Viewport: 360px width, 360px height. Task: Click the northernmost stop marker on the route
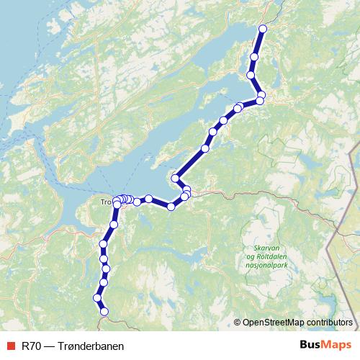coord(263,29)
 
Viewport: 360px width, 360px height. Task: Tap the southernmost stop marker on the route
coord(104,312)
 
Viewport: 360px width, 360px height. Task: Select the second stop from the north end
coord(254,57)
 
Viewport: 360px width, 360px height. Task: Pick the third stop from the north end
coord(251,75)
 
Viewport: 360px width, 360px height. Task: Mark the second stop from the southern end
coord(97,298)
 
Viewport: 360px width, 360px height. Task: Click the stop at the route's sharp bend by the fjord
coord(175,178)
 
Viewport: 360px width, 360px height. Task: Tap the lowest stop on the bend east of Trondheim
coord(171,207)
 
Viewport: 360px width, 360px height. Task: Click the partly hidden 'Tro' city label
coord(106,202)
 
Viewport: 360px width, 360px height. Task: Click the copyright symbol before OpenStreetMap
coord(238,323)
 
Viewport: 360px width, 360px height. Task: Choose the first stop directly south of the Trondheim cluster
coord(113,225)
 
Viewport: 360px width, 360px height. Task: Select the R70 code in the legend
coord(32,346)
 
